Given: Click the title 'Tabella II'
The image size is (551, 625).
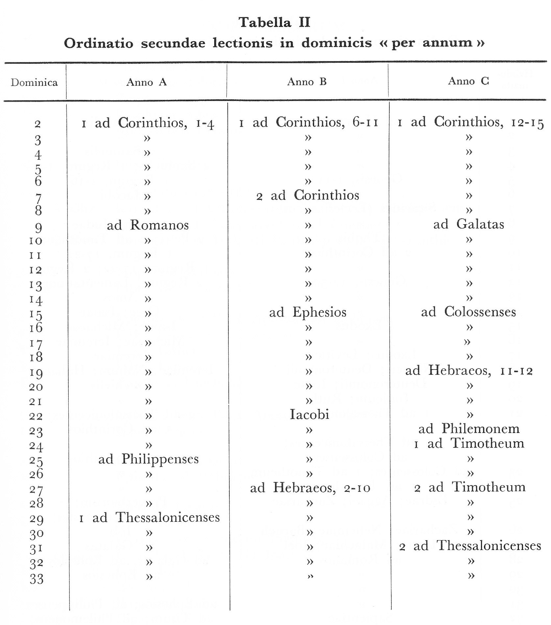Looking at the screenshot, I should tap(275, 22).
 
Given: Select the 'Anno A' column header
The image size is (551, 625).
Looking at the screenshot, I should tap(147, 82).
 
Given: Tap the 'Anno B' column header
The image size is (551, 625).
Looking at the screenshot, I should tap(307, 82).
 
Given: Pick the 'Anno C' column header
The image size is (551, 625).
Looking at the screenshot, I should tap(469, 81).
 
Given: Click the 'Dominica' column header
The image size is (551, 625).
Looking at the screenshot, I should tap(34, 82).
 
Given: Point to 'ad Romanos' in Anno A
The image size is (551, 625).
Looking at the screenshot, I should tap(148, 225).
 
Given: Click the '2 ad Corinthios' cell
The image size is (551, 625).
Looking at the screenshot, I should tap(308, 195).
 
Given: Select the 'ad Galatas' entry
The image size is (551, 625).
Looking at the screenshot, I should tap(469, 225).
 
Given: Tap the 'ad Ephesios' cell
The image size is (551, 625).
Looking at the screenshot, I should tap(308, 312).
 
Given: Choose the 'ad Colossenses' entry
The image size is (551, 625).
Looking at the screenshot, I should tap(469, 312).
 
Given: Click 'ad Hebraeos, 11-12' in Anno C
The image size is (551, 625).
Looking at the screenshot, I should tap(469, 371).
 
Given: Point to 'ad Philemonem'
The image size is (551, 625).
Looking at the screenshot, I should tap(469, 429).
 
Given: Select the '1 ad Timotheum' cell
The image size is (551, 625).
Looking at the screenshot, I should tap(469, 444).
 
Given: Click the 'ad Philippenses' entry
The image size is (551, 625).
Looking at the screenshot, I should tap(149, 459).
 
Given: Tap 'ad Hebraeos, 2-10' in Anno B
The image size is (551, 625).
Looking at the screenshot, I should tap(310, 488).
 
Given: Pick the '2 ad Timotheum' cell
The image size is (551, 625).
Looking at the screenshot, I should tap(470, 487).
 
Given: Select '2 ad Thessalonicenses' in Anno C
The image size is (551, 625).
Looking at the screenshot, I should tap(470, 546).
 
